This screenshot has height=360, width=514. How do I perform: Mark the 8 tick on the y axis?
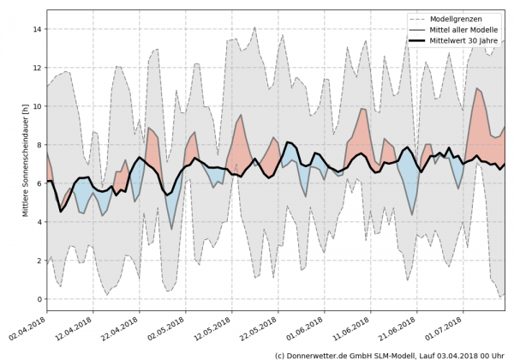coord(39,145)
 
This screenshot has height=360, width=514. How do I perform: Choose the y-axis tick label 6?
coord(39,183)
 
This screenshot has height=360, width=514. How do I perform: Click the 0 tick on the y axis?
coord(39,299)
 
